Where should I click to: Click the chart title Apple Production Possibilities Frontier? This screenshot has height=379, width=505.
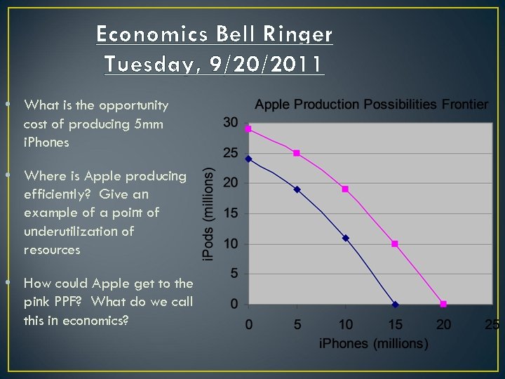click(x=371, y=105)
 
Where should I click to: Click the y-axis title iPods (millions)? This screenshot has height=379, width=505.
click(x=208, y=215)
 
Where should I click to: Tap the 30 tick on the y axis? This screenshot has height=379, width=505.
click(x=230, y=123)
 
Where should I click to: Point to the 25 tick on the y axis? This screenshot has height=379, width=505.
click(x=230, y=153)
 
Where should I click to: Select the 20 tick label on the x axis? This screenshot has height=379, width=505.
click(x=443, y=324)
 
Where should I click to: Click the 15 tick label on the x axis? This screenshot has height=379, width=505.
click(x=395, y=324)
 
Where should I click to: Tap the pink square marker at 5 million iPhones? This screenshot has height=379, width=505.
click(x=297, y=153)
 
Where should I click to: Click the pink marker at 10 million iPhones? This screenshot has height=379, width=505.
click(x=346, y=189)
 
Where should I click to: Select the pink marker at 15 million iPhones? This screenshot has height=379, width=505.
click(x=395, y=244)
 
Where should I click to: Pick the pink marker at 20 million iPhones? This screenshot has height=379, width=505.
click(x=443, y=304)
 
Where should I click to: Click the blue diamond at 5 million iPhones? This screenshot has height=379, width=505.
click(x=297, y=189)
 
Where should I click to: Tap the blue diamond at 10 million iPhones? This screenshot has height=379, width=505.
click(x=346, y=238)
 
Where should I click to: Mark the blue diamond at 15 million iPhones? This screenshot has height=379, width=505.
click(x=395, y=304)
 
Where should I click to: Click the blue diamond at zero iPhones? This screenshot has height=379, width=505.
click(x=248, y=159)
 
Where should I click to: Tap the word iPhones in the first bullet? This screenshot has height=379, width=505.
click(x=46, y=142)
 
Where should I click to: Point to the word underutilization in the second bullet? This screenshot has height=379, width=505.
click(x=79, y=231)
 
